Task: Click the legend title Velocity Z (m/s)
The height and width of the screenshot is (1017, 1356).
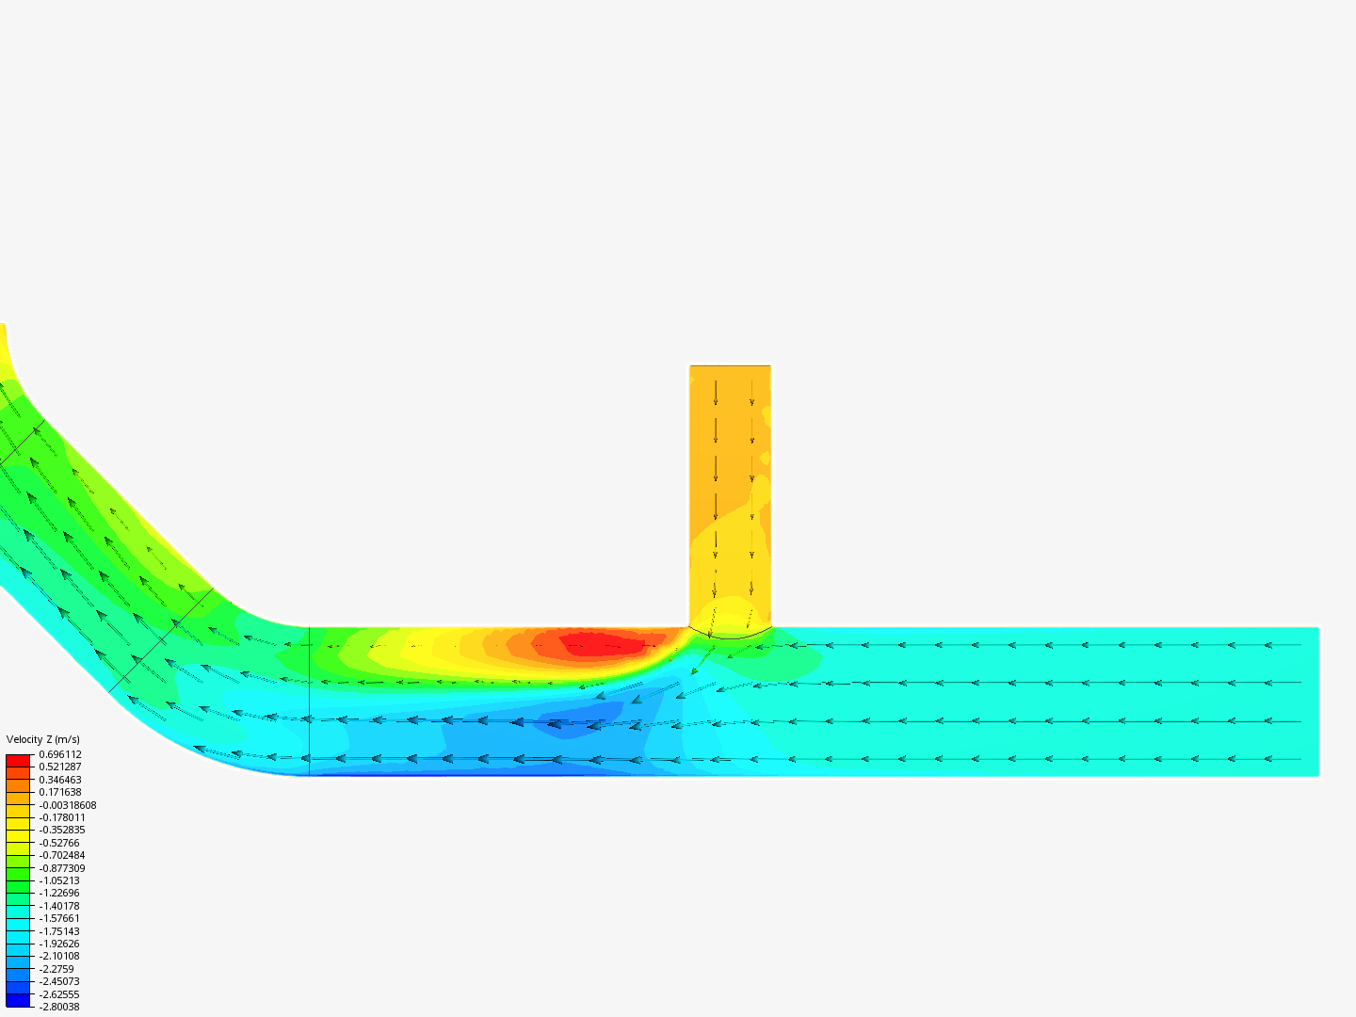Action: pyautogui.click(x=43, y=739)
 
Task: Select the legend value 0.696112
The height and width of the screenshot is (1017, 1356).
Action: pyautogui.click(x=60, y=754)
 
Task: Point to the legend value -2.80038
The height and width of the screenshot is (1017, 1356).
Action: pyautogui.click(x=59, y=1007)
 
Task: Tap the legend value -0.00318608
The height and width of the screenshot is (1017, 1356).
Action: pyautogui.click(x=67, y=805)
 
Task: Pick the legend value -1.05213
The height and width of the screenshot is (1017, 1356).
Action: pyautogui.click(x=59, y=880)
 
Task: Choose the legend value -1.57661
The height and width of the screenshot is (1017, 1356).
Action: pyautogui.click(x=59, y=918)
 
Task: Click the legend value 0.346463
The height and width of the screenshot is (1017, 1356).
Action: pyautogui.click(x=60, y=780)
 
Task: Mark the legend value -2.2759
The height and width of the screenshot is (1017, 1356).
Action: pyautogui.click(x=56, y=969)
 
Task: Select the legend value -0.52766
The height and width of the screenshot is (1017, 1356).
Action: pyautogui.click(x=59, y=843)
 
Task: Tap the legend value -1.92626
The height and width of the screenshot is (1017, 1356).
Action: pyautogui.click(x=59, y=944)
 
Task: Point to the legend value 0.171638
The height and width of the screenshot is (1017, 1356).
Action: pyautogui.click(x=60, y=792)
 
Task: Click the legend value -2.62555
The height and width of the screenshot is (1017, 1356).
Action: pyautogui.click(x=59, y=994)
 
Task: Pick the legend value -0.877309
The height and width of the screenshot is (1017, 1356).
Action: pyautogui.click(x=62, y=868)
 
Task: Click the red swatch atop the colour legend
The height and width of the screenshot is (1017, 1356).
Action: pyautogui.click(x=18, y=760)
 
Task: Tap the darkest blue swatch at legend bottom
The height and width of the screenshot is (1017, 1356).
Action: pyautogui.click(x=18, y=1001)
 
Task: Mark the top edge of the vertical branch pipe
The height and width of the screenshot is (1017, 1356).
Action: pyautogui.click(x=730, y=366)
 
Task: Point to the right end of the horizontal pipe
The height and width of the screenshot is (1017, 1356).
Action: pyautogui.click(x=1317, y=702)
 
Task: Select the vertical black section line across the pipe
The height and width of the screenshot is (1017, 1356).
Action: pyautogui.click(x=309, y=702)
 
